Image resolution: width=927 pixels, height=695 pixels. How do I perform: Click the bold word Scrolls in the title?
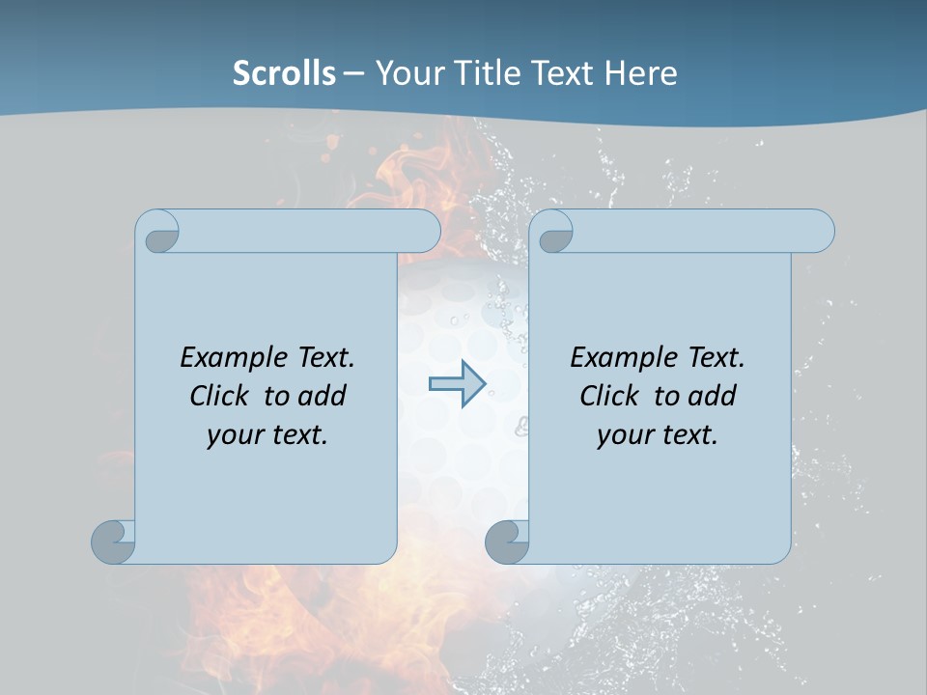pos(284,73)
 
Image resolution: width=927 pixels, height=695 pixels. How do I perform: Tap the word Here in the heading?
pos(640,73)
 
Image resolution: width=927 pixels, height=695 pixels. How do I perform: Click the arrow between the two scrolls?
pos(457,384)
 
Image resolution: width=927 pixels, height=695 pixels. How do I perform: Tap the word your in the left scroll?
pos(233,435)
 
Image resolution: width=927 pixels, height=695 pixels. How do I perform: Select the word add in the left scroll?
pos(323,396)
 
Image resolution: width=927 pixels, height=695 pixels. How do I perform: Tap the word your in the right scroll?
pos(623,435)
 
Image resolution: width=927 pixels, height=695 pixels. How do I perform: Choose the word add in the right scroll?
pos(713,396)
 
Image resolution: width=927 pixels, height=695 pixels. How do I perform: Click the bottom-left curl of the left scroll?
pos(114,541)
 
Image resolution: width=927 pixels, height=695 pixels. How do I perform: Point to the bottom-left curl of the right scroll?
pos(508,541)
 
